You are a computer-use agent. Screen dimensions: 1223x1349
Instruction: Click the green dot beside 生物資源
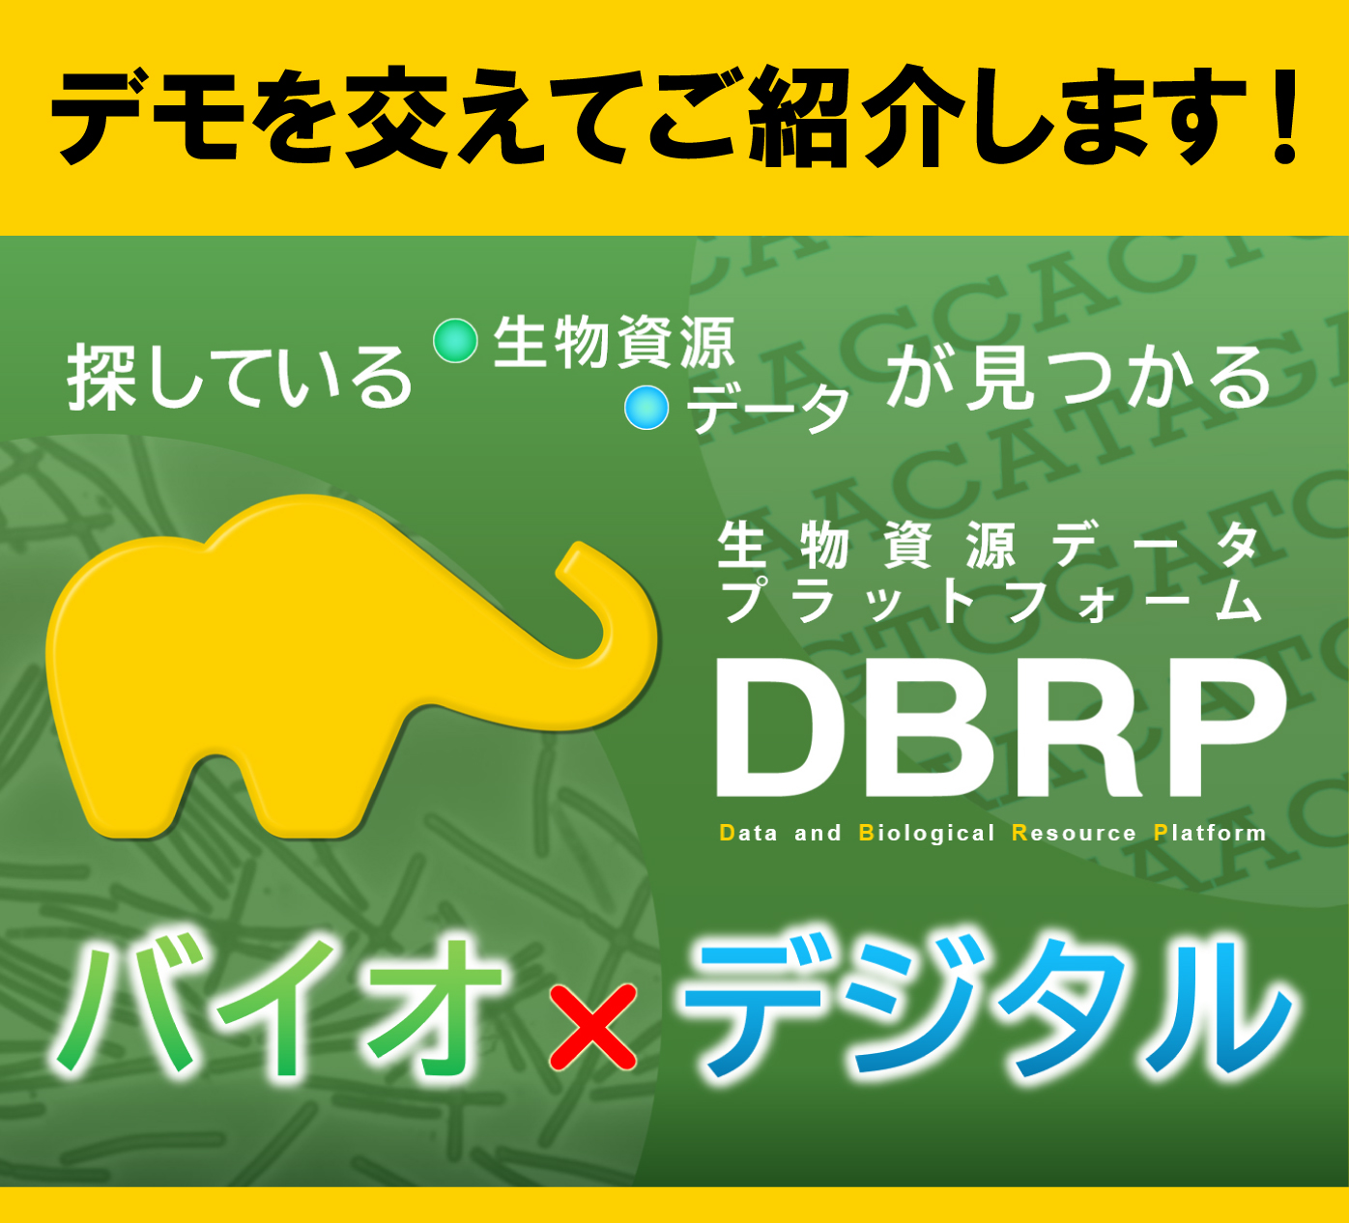click(x=455, y=341)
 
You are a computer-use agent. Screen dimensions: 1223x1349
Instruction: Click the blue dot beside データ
click(x=646, y=407)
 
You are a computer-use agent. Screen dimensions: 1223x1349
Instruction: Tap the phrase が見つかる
click(x=1078, y=377)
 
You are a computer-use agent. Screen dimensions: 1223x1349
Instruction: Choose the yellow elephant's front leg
click(x=319, y=792)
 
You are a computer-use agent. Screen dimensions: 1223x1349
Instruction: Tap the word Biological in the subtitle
click(x=927, y=833)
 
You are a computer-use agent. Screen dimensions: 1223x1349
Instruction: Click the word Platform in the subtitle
click(x=1210, y=833)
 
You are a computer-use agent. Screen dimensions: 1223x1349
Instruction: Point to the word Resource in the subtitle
click(x=1074, y=833)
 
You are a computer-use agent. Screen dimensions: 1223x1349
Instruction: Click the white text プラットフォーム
click(x=990, y=601)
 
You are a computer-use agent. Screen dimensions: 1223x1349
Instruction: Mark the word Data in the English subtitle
click(x=749, y=833)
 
